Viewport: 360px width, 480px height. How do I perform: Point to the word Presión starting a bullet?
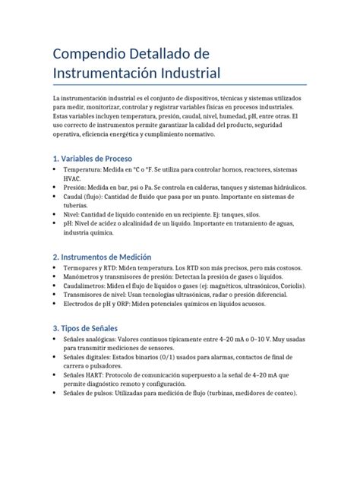click(75, 187)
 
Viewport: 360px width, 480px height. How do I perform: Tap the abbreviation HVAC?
click(72, 178)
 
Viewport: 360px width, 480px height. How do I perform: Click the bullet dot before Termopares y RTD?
click(55, 268)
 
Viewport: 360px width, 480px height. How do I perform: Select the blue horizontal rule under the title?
click(179, 84)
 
